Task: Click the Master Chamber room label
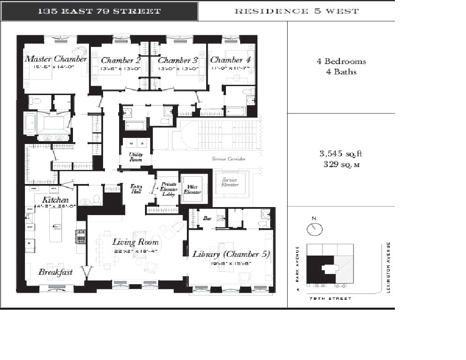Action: [x=56, y=59]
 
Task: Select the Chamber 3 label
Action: [x=177, y=60]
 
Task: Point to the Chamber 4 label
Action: [x=230, y=60]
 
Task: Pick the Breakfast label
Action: [x=55, y=272]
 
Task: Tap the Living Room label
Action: [x=135, y=242]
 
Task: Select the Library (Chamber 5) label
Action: [x=231, y=254]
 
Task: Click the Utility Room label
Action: [x=136, y=157]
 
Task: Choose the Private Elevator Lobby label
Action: [x=169, y=189]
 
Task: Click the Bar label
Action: [x=207, y=218]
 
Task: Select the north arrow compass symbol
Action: [x=314, y=228]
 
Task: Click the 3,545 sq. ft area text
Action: [x=341, y=154]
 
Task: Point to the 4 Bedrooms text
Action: [x=341, y=62]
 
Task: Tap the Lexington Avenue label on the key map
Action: [x=389, y=267]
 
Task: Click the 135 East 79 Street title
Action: [x=99, y=11]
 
